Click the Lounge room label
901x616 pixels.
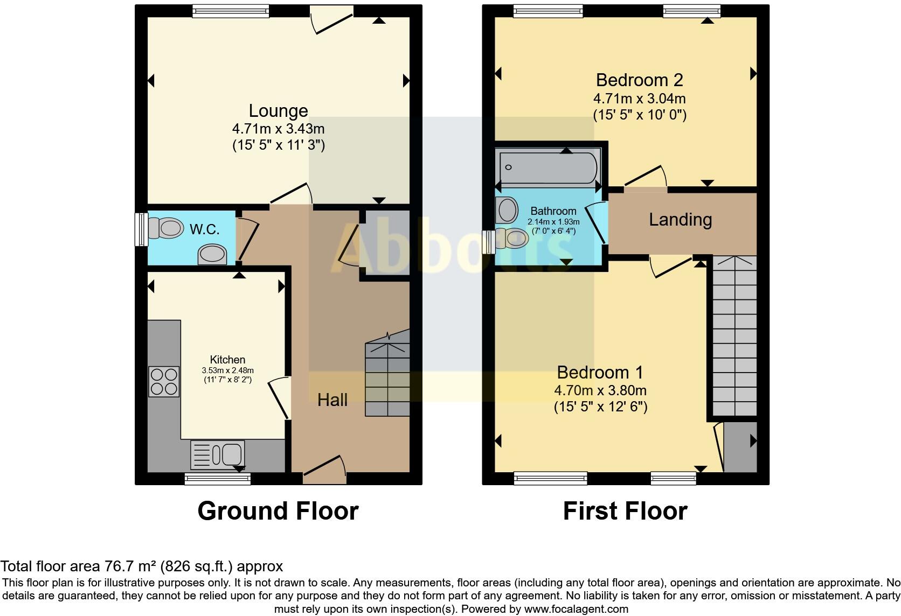click(x=278, y=110)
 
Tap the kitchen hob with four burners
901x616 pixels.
click(x=164, y=381)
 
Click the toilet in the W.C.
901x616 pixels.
click(x=164, y=228)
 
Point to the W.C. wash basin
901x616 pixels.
click(x=212, y=254)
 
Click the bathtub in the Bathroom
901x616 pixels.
click(x=548, y=167)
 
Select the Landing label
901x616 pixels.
click(x=680, y=220)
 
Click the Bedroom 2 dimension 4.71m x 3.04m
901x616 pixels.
click(x=639, y=99)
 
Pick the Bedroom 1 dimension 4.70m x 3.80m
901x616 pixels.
click(x=600, y=390)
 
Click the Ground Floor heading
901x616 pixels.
click(x=278, y=511)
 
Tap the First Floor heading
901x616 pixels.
click(x=625, y=511)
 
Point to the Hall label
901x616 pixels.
click(x=332, y=400)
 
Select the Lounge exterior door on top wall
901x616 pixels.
click(x=332, y=19)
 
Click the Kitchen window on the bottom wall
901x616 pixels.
click(x=218, y=478)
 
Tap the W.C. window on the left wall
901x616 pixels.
click(x=142, y=229)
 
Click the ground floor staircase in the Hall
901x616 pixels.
click(x=387, y=379)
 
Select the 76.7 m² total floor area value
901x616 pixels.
click(x=129, y=566)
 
